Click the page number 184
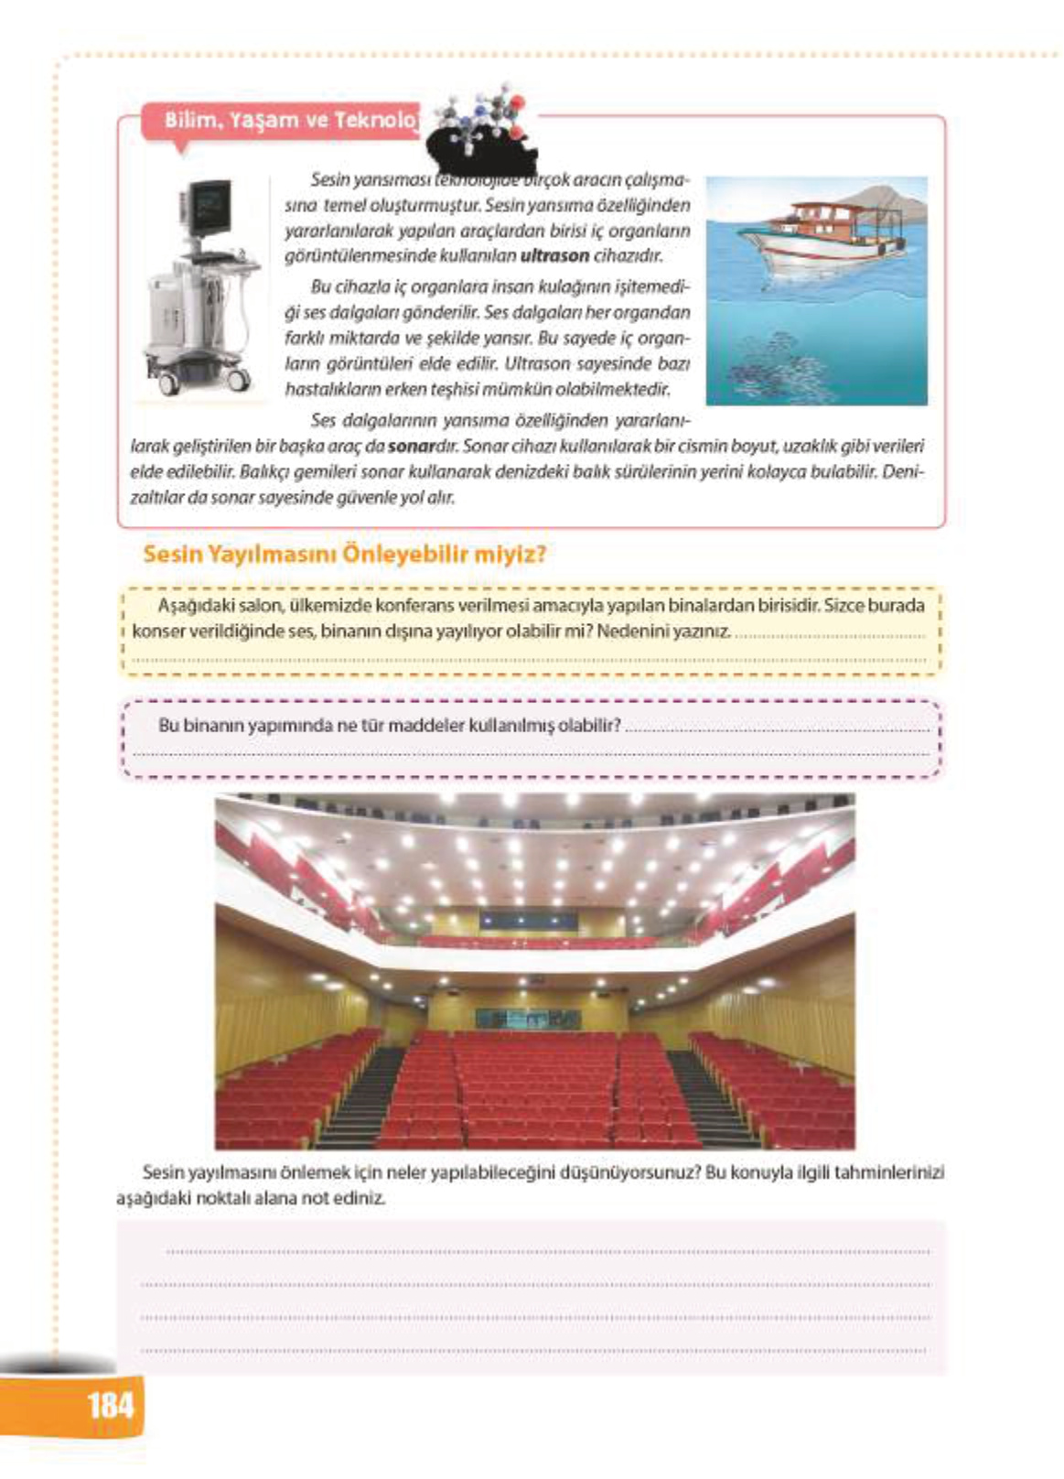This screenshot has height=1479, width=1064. [110, 1404]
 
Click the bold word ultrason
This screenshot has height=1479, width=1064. [553, 255]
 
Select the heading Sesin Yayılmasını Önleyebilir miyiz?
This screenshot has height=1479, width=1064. [345, 555]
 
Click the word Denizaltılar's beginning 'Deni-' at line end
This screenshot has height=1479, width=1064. [906, 472]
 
